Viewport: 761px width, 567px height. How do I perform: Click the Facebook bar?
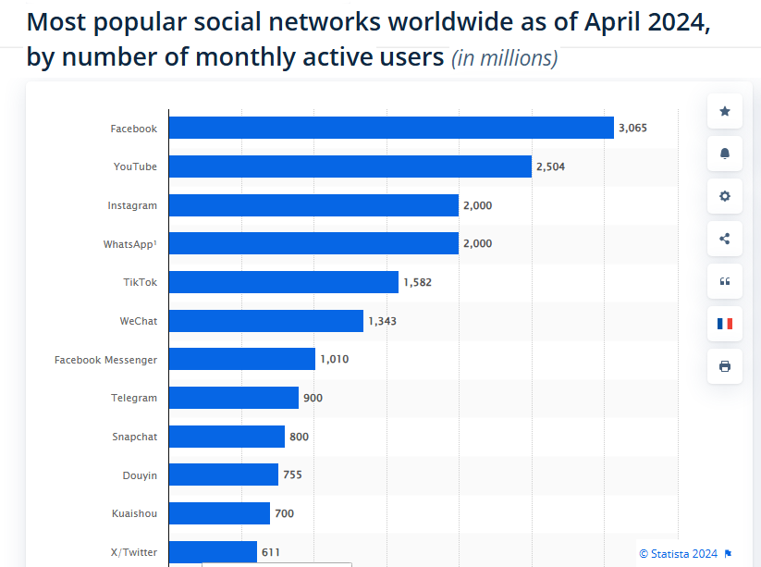pos(390,128)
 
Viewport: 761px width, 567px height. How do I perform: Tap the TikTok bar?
pos(283,282)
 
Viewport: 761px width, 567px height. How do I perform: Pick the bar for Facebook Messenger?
pos(241,359)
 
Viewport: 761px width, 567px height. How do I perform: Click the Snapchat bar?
pos(226,437)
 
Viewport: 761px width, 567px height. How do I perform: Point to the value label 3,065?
pos(632,129)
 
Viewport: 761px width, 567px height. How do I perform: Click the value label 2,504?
pos(550,167)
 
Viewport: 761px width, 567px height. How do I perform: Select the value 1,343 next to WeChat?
pos(382,321)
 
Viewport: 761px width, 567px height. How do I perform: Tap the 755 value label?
pos(292,475)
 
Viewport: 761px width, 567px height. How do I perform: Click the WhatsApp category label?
pos(129,244)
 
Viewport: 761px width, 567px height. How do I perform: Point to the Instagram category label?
pos(132,205)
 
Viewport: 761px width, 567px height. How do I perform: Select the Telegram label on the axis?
pos(134,398)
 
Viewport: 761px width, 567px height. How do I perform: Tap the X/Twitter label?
pos(133,552)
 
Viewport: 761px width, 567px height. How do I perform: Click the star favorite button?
pos(724,111)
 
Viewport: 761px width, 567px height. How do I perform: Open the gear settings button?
pos(724,196)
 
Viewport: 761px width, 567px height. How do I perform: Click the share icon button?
pos(724,239)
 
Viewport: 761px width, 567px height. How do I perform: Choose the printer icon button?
pos(724,366)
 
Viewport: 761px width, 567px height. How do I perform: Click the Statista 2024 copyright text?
pos(679,553)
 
